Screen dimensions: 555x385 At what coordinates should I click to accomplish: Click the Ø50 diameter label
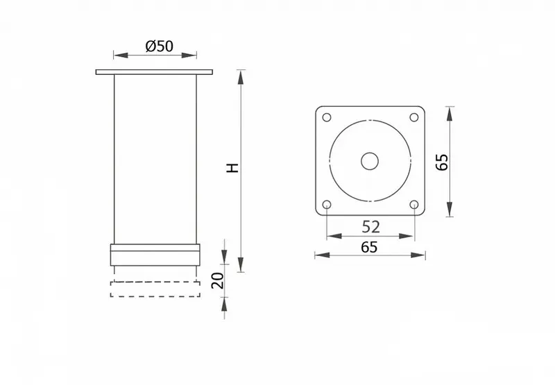(x=160, y=46)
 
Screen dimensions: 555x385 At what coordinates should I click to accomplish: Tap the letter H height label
(x=233, y=168)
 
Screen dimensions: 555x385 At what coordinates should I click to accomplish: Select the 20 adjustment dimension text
(x=218, y=280)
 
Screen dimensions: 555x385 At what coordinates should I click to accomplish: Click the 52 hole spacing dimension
(x=370, y=227)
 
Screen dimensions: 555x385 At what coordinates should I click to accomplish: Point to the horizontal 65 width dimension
(x=369, y=247)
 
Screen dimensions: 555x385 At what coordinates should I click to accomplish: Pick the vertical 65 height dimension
(x=442, y=162)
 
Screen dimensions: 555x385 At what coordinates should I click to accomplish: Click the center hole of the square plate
(x=370, y=162)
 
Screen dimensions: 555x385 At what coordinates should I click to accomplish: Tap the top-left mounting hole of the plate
(x=327, y=117)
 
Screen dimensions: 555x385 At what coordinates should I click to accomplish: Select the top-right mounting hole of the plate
(x=413, y=117)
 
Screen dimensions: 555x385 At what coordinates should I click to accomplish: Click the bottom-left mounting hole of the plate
(x=327, y=205)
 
